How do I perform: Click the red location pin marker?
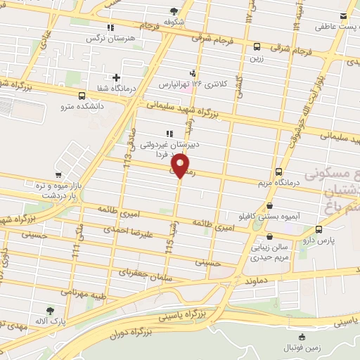point(181,166)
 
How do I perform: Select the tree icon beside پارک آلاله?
point(49,310)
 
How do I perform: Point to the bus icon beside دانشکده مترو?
point(82,96)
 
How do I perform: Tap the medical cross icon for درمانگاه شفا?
point(116,77)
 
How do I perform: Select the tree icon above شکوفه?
point(174,11)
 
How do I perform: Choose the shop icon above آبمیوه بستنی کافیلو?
point(271,206)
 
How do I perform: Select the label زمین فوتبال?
point(302,347)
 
